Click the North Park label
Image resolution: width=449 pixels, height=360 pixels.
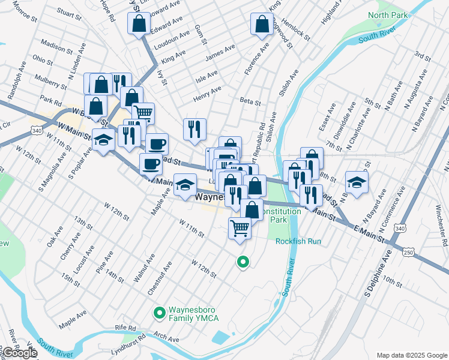pos(388,14)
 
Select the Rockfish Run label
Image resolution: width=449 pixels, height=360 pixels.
pos(299,241)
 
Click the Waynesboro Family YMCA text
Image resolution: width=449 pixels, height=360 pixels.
pos(193,313)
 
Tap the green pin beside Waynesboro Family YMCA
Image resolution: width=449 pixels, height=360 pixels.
pos(159,313)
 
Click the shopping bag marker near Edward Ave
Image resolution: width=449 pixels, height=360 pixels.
pos(139,24)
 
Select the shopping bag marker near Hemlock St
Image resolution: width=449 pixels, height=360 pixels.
pos(262,24)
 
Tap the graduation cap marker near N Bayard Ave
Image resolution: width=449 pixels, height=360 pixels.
pos(357,182)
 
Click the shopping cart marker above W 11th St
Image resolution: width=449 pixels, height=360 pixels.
pos(240,228)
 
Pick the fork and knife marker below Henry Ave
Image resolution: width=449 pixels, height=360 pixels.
pos(194,129)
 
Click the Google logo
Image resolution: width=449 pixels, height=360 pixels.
pos(19,353)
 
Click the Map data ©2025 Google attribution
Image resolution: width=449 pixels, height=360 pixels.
pos(411,355)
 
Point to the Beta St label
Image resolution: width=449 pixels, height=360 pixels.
pos(250,102)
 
